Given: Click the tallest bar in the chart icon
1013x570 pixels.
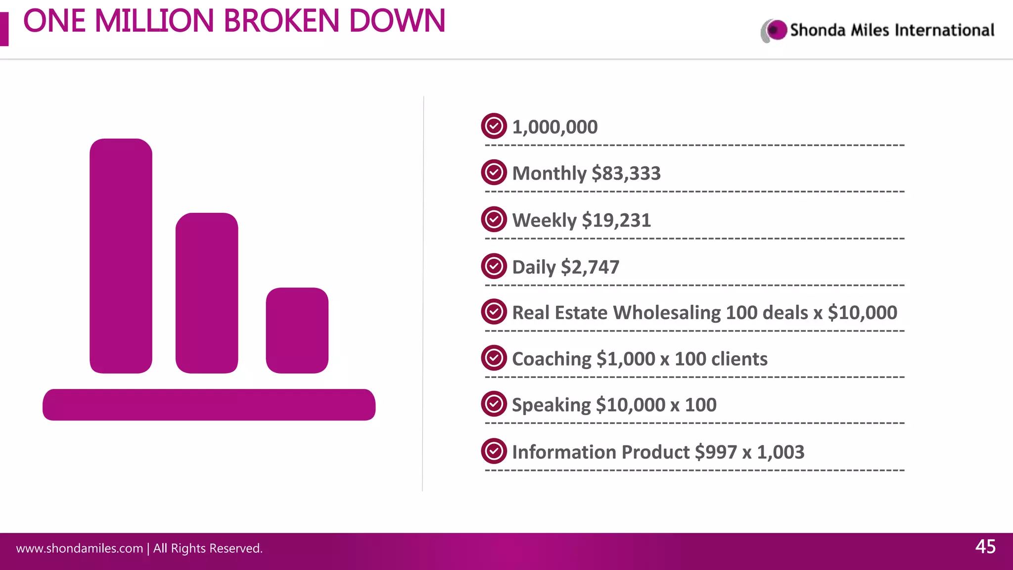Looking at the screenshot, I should coord(121,256).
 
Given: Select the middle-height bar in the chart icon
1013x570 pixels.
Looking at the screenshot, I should coord(207,293).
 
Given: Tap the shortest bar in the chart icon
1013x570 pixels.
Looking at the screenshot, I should coord(297,330).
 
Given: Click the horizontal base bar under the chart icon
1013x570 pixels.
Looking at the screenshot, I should coord(209,405).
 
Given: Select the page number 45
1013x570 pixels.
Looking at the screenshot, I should coord(985,547).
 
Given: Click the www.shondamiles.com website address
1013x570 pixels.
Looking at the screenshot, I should coord(79,548).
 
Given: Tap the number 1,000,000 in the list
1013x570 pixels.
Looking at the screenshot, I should coord(554,127).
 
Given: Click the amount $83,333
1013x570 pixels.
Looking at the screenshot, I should coord(626,174).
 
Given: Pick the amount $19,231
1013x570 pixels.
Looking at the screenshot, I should coord(616,220).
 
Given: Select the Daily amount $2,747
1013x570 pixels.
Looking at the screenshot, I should coord(590,267).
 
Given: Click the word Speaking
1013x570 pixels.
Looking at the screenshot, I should coord(551,405).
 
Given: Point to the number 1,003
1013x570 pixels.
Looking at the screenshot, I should coord(781,452).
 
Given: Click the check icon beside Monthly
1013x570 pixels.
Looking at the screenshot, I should coord(494,173).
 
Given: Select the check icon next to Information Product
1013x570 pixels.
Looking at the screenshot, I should coord(494,451).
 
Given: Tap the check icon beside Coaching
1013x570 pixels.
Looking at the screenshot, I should coord(494,358).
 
